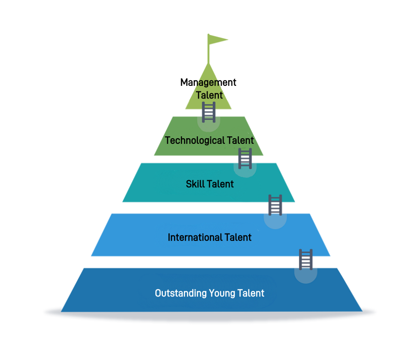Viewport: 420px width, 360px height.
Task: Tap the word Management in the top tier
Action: pos(208,83)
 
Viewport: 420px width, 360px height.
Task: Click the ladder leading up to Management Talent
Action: pos(209,112)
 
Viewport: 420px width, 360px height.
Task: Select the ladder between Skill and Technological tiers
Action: pos(245,158)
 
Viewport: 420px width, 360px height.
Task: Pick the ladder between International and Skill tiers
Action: pos(275,205)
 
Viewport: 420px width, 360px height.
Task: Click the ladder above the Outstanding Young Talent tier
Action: pos(306,260)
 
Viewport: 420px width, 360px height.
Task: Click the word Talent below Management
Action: pos(209,95)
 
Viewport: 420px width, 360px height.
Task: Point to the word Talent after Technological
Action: pos(240,140)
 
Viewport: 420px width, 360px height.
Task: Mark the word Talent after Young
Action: pos(251,293)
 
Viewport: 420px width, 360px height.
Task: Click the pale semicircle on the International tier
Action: pos(275,221)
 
